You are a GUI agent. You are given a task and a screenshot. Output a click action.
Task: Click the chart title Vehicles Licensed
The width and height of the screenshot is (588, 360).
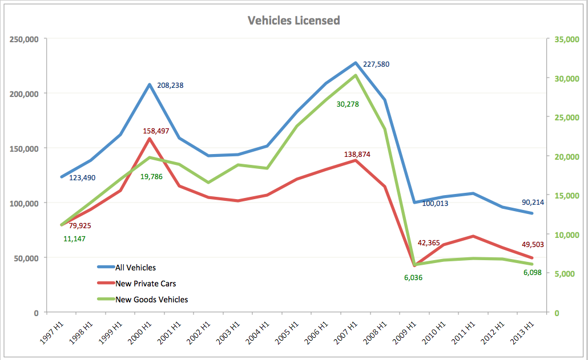293,21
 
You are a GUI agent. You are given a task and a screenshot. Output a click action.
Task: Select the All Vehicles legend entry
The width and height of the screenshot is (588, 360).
135,267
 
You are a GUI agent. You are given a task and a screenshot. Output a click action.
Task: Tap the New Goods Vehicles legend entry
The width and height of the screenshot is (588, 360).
151,299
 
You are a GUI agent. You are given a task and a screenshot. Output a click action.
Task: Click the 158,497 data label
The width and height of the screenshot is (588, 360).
150,131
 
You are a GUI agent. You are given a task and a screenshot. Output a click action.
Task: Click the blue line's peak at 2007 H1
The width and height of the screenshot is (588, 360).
355,63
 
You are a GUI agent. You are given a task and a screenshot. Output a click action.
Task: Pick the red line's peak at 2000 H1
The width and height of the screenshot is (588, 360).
150,139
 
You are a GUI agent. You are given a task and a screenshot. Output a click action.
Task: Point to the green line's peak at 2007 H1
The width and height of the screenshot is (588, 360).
355,75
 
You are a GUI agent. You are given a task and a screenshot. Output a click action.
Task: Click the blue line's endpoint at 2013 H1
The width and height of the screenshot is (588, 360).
531,213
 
